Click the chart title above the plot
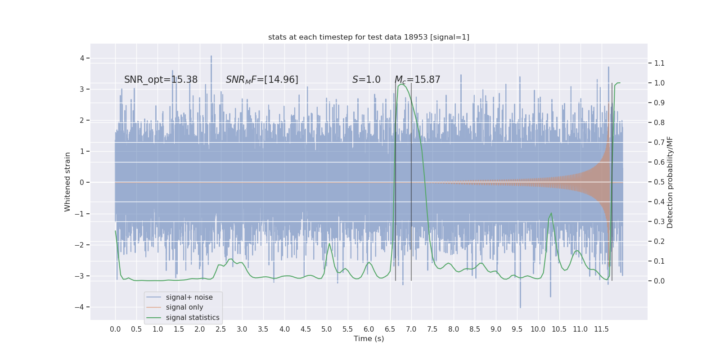[369, 37]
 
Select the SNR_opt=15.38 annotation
[161, 80]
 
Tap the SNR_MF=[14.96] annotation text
[262, 80]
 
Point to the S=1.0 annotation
[366, 80]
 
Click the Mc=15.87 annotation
[417, 80]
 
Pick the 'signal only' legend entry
[184, 307]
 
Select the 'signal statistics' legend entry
[193, 318]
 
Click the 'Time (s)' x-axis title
[369, 339]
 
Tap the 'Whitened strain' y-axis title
[67, 182]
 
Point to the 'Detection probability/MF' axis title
[670, 182]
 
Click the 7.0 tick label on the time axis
[411, 329]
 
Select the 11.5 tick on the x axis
[601, 329]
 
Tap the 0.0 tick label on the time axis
[115, 329]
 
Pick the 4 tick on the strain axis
[82, 58]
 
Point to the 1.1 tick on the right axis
[659, 63]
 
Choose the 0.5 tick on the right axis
[659, 182]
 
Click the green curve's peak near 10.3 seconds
[551, 213]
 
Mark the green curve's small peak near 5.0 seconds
[329, 244]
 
